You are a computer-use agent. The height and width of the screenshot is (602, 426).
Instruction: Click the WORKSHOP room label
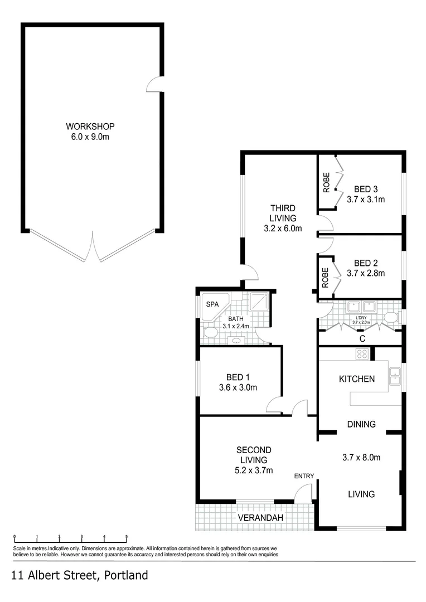tap(90, 126)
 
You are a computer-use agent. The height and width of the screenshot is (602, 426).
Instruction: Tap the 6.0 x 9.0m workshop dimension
tap(90, 137)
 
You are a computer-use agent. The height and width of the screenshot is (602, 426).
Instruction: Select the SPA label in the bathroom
tap(212, 304)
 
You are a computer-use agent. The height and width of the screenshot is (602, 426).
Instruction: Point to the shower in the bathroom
tap(259, 302)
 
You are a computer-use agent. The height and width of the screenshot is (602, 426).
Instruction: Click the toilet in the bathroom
tap(210, 333)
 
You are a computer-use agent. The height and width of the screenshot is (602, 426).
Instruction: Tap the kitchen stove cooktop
tap(362, 353)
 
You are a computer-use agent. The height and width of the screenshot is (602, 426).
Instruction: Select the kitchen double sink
tap(395, 376)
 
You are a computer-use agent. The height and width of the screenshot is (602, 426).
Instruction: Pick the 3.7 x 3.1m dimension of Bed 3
tap(366, 199)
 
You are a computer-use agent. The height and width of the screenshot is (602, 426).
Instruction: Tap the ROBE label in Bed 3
tap(326, 182)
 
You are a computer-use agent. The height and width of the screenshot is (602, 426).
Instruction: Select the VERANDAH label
tap(260, 518)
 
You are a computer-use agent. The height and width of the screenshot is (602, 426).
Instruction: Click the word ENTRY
tap(304, 476)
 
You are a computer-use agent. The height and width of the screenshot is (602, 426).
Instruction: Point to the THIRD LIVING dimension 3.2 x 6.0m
tap(282, 228)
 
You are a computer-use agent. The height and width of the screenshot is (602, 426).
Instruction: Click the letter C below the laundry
tap(362, 338)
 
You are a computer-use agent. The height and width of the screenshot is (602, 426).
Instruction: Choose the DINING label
tap(361, 424)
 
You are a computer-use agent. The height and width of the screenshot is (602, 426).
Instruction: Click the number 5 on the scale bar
tap(127, 537)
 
